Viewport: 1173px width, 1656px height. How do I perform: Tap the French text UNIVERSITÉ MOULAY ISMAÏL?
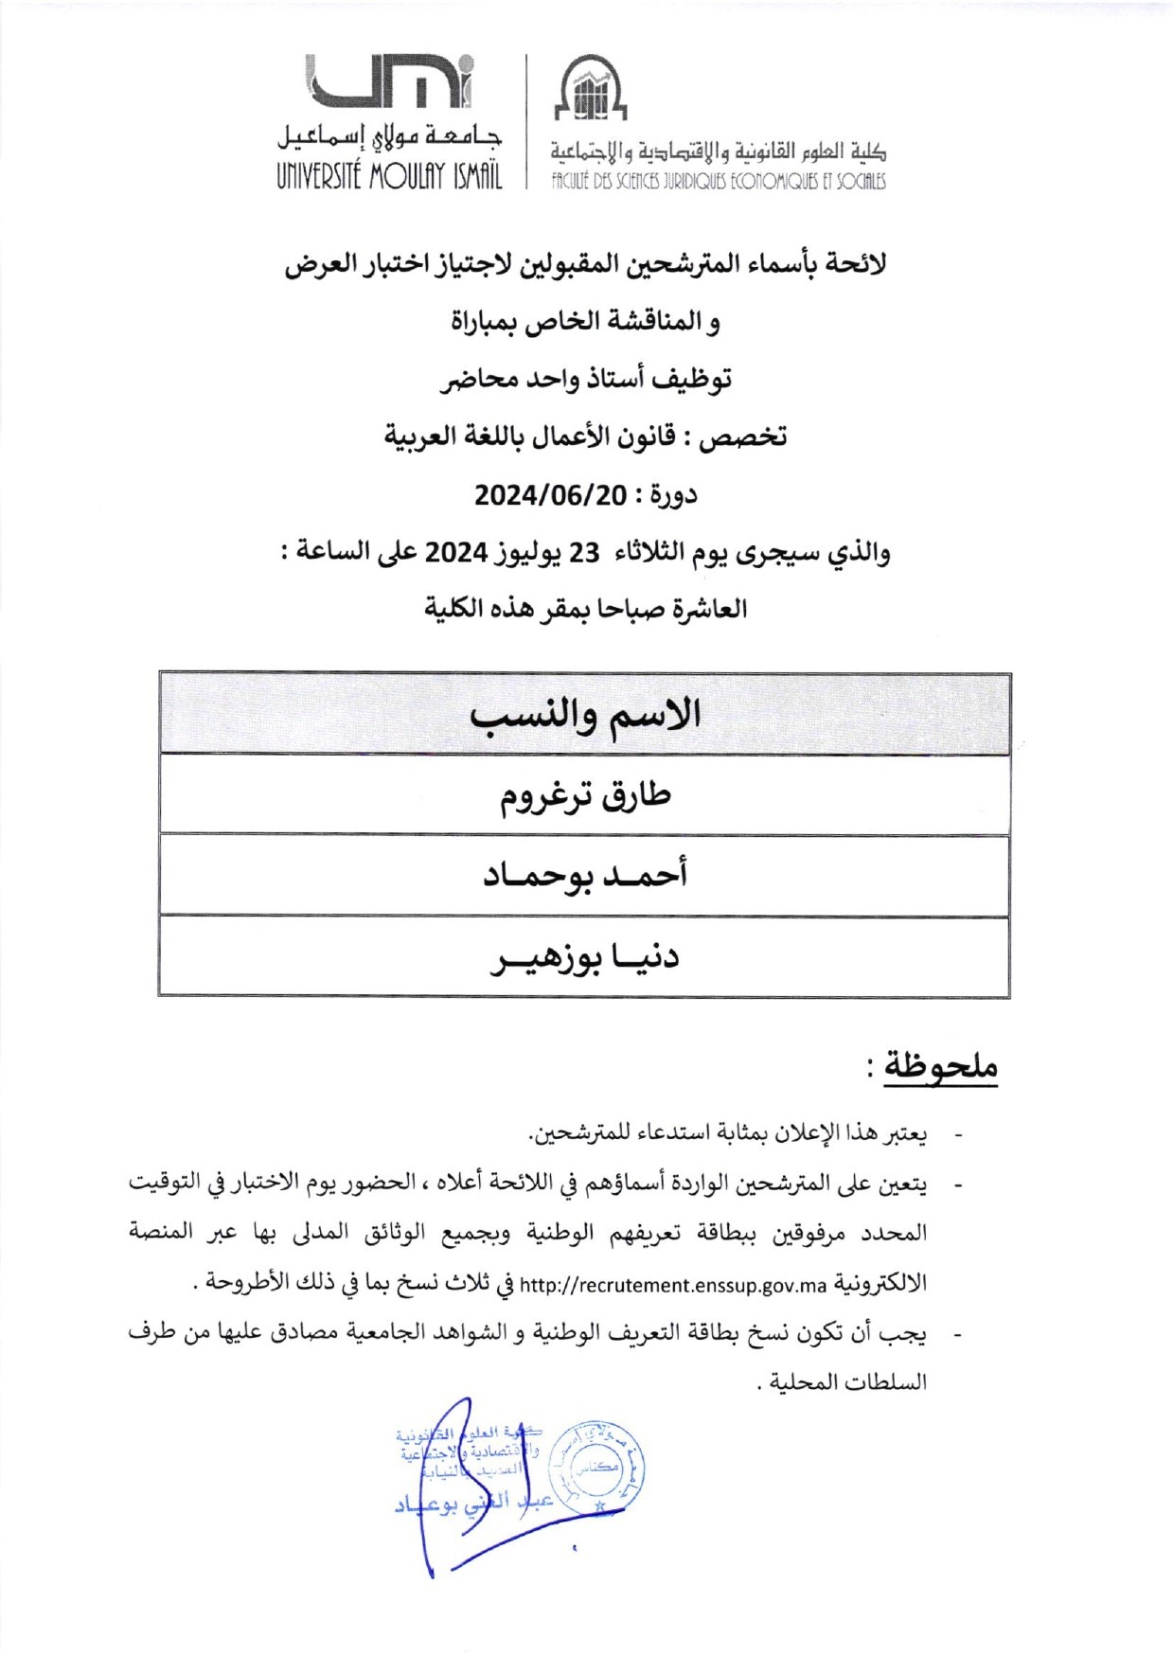[389, 176]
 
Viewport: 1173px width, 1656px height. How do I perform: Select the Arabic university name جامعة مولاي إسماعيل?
[389, 138]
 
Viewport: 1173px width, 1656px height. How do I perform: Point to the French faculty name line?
[719, 180]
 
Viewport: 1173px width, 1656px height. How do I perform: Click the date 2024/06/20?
[550, 494]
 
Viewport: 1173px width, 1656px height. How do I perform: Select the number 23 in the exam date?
[583, 552]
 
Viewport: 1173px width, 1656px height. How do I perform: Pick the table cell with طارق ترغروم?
[584, 795]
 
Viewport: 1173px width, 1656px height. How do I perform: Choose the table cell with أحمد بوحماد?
[584, 875]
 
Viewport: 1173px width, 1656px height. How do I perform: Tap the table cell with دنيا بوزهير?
[584, 956]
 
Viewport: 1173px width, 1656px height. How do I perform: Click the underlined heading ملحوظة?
[941, 1067]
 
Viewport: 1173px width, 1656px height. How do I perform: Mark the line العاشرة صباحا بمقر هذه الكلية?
[586, 608]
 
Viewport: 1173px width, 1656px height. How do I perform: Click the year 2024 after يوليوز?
[455, 552]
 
